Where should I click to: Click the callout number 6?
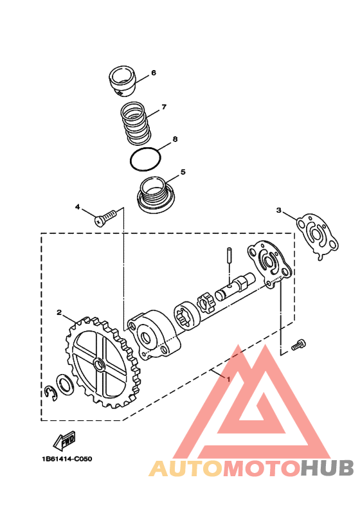(x=154, y=73)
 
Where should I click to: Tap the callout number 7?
(x=164, y=107)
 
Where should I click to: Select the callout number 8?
(x=175, y=139)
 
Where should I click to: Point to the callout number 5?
(x=183, y=172)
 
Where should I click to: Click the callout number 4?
(x=77, y=207)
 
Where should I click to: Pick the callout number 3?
(x=278, y=210)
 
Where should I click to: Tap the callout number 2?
(x=59, y=312)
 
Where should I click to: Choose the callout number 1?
(x=228, y=379)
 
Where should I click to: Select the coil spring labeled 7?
(x=135, y=123)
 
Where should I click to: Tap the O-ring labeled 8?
(x=145, y=159)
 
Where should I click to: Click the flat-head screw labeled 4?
(x=105, y=217)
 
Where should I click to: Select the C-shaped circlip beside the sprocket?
(x=50, y=393)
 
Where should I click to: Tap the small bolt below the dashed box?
(x=299, y=344)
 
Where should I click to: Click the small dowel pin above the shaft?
(x=230, y=256)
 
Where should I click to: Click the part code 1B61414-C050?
(x=67, y=459)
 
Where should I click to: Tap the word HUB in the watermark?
(x=327, y=468)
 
